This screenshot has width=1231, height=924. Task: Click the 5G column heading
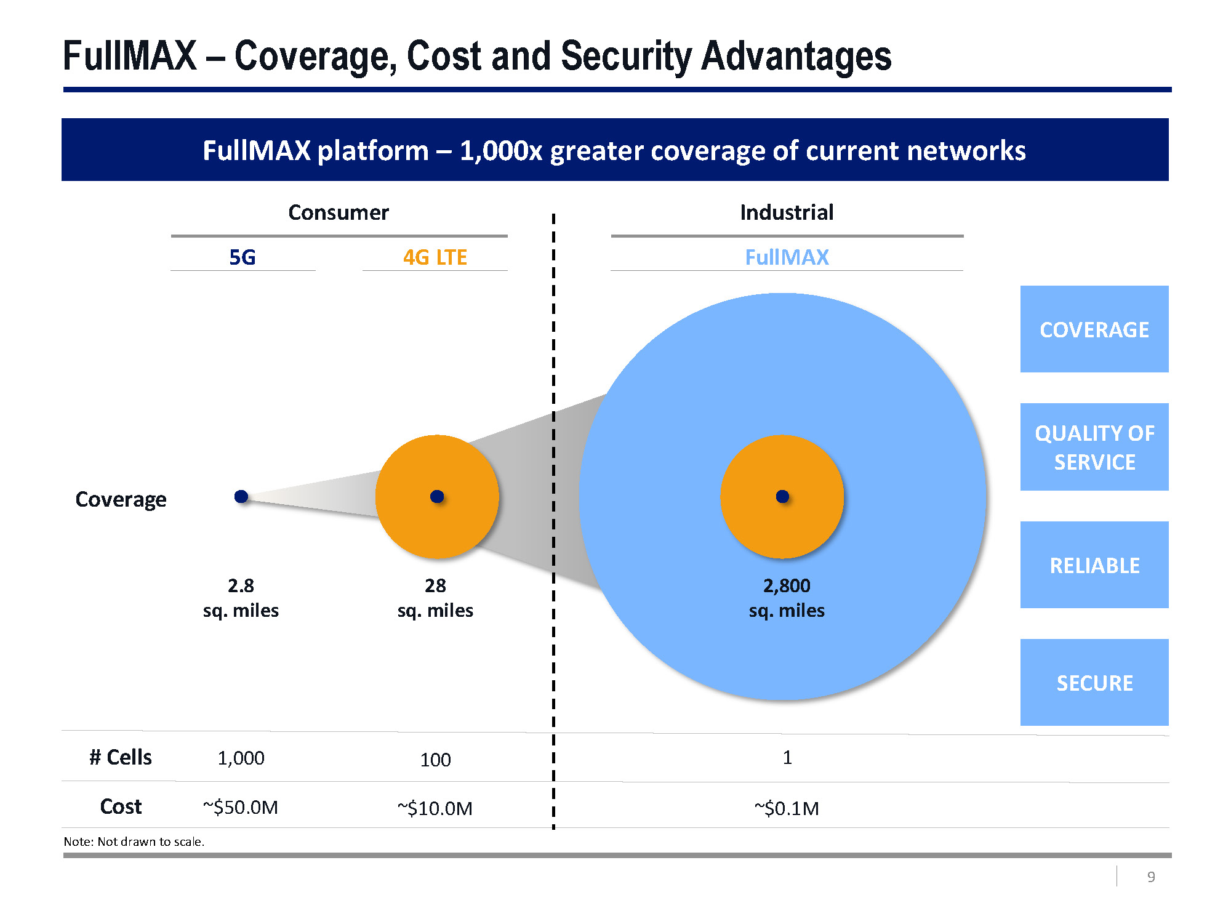(x=242, y=257)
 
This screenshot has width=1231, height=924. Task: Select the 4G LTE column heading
(x=435, y=257)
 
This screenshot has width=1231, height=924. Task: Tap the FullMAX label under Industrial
(x=787, y=257)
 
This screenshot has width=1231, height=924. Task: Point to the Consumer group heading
(x=339, y=212)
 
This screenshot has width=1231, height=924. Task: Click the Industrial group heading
(x=787, y=212)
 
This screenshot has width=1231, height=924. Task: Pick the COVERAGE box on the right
(x=1094, y=329)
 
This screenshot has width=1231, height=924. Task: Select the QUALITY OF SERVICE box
(x=1094, y=447)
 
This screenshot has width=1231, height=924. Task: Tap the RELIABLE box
(x=1094, y=564)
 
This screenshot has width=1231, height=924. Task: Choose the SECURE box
(x=1094, y=682)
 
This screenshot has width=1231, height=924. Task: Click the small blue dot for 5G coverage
(x=241, y=496)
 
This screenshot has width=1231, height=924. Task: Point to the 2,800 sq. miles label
(x=787, y=598)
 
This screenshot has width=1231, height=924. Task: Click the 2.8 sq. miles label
(x=241, y=598)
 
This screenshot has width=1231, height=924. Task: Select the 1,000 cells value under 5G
(x=241, y=758)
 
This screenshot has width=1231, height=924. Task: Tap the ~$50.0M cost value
(x=241, y=807)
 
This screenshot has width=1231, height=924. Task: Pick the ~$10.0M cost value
(x=435, y=808)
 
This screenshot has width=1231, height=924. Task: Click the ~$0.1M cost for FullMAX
(x=787, y=808)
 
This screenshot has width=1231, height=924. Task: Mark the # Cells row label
(x=121, y=757)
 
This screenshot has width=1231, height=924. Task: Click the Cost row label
(x=121, y=806)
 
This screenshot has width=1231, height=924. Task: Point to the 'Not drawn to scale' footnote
(x=134, y=842)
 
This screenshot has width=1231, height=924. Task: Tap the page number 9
(x=1151, y=877)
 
